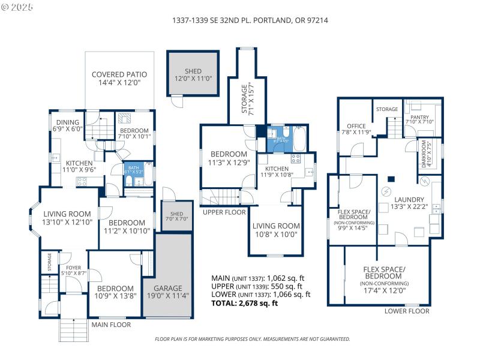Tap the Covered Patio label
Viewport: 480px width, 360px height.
pyautogui.click(x=119, y=79)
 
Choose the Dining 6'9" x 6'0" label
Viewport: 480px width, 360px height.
pyautogui.click(x=67, y=125)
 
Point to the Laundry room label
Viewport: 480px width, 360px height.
pyautogui.click(x=409, y=203)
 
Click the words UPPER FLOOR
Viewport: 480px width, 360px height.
pyautogui.click(x=224, y=212)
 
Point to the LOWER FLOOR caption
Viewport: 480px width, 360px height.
pyautogui.click(x=406, y=311)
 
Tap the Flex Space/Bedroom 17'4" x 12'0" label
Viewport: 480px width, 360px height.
pyautogui.click(x=384, y=279)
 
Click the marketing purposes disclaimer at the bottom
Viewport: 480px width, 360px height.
pyautogui.click(x=253, y=339)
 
